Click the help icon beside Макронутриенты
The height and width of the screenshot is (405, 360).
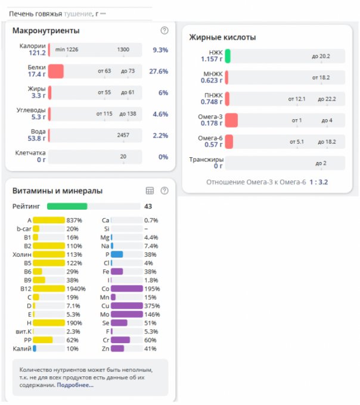(165, 30)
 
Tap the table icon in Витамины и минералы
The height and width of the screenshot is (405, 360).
(150, 191)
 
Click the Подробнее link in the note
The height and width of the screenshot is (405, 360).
(75, 385)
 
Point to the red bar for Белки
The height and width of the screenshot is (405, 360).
(56, 71)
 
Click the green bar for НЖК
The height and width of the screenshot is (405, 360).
(228, 56)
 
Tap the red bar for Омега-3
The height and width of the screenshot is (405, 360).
(232, 120)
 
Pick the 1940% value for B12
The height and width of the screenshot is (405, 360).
(76, 288)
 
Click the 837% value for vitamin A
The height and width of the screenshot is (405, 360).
(75, 220)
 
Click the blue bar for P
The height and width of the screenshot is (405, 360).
(117, 254)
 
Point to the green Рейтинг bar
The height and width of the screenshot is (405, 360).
(67, 206)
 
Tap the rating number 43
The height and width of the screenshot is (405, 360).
(148, 206)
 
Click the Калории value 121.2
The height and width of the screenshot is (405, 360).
(37, 53)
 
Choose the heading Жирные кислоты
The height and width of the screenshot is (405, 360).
(222, 38)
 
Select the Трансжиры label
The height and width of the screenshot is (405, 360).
(206, 160)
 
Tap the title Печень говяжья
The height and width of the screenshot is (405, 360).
(35, 13)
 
